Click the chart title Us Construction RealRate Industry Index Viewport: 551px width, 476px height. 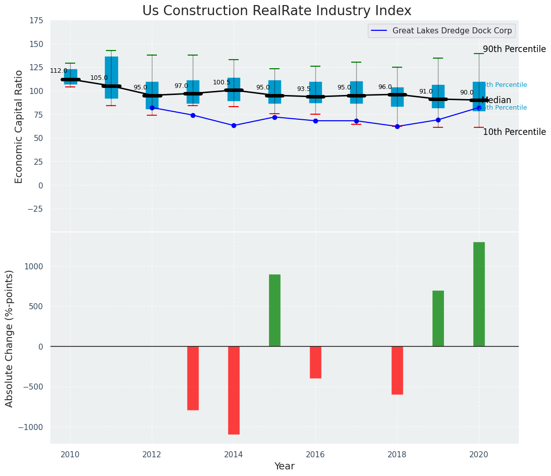pyautogui.click(x=277, y=11)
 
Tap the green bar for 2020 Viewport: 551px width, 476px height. pyautogui.click(x=479, y=294)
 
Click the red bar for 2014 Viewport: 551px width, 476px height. pyautogui.click(x=234, y=390)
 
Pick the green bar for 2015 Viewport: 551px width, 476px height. pyautogui.click(x=274, y=310)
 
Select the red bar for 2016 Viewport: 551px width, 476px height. pyautogui.click(x=315, y=362)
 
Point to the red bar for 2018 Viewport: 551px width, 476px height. pyautogui.click(x=397, y=370)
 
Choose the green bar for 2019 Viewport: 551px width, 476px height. pyautogui.click(x=438, y=318)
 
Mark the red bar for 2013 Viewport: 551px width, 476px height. pyautogui.click(x=193, y=378)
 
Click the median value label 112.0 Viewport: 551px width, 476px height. pyautogui.click(x=59, y=71)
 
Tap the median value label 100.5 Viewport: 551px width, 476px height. pyautogui.click(x=222, y=82)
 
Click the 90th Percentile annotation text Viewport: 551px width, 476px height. pyautogui.click(x=514, y=49)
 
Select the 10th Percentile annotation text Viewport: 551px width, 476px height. pyautogui.click(x=514, y=132)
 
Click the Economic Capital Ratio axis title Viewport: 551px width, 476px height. pyautogui.click(x=19, y=126)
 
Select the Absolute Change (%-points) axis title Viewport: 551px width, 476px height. pyautogui.click(x=10, y=338)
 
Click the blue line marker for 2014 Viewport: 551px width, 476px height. pyautogui.click(x=234, y=125)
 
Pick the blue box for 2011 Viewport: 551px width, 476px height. pyautogui.click(x=112, y=77)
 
